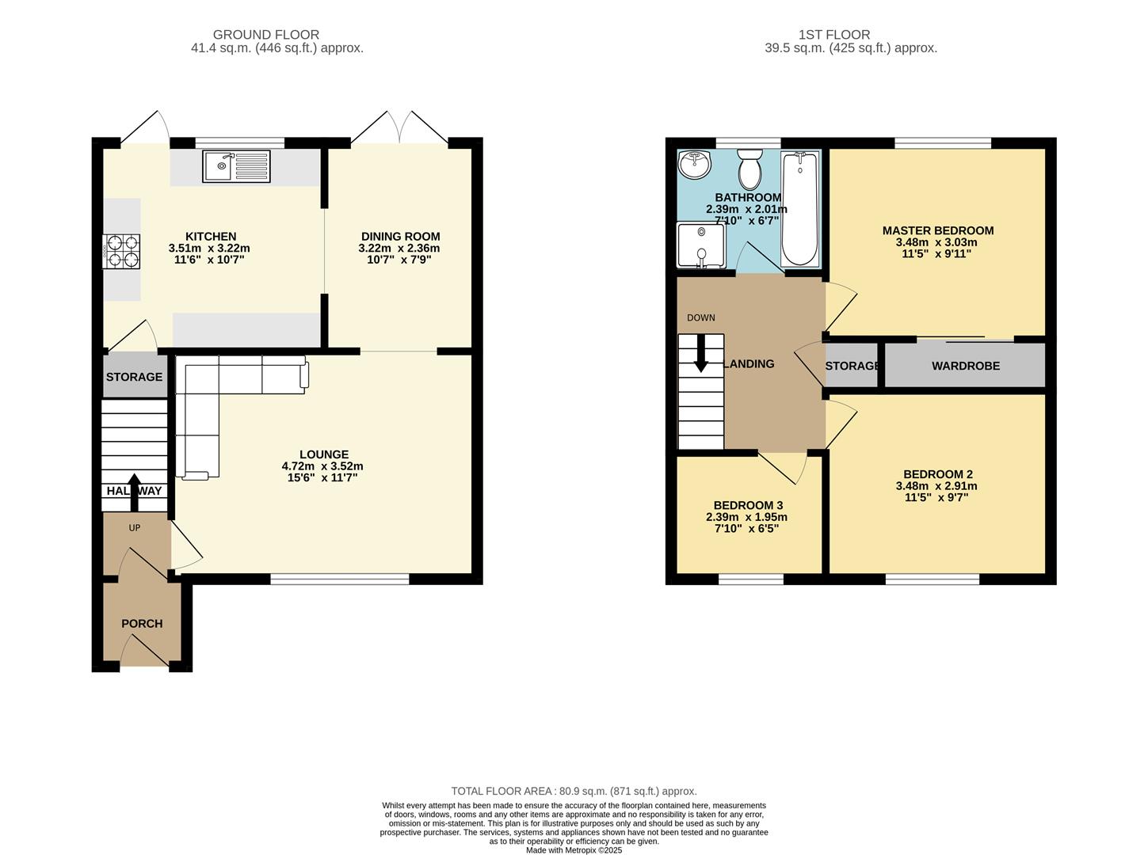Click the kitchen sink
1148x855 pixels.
[236, 166]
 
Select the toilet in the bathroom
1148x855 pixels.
[749, 169]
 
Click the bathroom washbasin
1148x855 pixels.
[695, 165]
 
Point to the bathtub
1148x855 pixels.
[799, 209]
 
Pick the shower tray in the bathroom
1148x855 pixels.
[700, 245]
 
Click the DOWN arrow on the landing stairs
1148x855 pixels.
[701, 354]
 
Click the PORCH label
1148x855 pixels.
[142, 624]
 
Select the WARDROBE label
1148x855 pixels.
[965, 366]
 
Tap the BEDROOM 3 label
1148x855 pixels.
[748, 505]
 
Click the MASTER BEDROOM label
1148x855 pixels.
[937, 230]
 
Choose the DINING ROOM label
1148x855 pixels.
[400, 236]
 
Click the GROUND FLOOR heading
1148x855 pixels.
[266, 35]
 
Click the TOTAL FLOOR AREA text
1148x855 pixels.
[574, 791]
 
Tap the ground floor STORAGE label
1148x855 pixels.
[134, 377]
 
